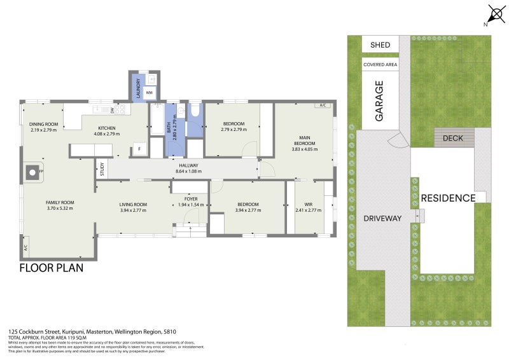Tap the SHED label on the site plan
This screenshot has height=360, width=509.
(x=380, y=45)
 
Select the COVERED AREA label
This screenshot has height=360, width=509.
(x=380, y=65)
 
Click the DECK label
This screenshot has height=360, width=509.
(x=453, y=137)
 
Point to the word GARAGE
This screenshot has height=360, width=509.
(x=379, y=100)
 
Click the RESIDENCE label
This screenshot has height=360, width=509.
(x=448, y=198)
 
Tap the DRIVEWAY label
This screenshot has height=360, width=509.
(x=382, y=218)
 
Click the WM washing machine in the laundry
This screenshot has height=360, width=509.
(x=149, y=93)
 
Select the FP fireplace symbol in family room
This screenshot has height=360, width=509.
(x=32, y=172)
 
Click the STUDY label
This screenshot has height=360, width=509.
(x=102, y=169)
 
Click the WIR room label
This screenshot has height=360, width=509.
(x=309, y=204)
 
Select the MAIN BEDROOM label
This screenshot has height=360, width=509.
(x=304, y=141)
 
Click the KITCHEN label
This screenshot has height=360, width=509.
(x=107, y=128)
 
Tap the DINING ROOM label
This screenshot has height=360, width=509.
(x=43, y=124)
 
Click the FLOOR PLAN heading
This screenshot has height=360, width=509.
(x=52, y=268)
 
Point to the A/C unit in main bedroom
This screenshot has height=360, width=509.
(x=323, y=106)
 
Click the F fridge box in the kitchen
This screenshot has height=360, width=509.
(x=139, y=149)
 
